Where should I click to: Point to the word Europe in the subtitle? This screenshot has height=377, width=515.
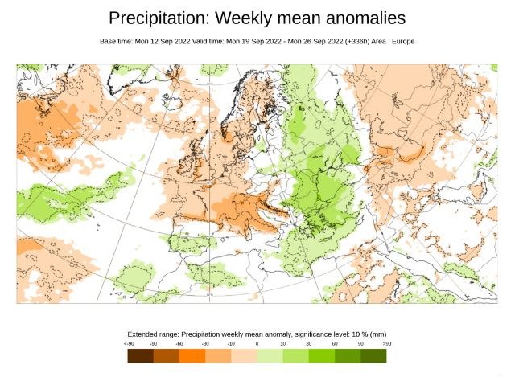[402, 40]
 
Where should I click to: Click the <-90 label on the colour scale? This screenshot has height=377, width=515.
[130, 344]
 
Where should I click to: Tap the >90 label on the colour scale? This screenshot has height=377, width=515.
[386, 344]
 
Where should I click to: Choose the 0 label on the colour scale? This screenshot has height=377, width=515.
[257, 344]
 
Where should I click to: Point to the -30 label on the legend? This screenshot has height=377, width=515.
[205, 344]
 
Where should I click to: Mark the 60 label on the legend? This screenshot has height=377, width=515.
[335, 344]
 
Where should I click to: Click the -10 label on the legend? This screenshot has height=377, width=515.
[232, 344]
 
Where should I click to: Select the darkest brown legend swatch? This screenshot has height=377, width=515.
[140, 355]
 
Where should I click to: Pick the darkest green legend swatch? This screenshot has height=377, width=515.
[373, 355]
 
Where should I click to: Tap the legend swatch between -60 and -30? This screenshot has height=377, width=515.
[192, 355]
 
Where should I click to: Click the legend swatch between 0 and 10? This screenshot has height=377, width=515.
[270, 355]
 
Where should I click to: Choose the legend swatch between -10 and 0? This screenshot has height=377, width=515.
[244, 355]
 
